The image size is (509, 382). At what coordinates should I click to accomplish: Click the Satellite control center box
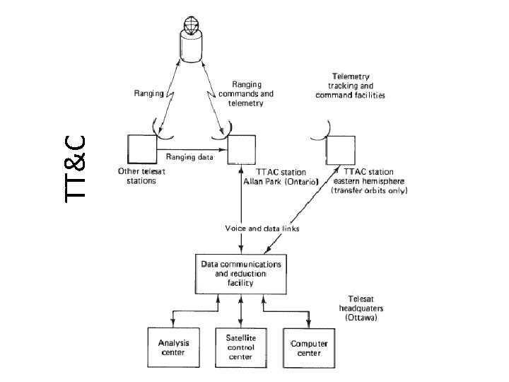pyautogui.click(x=242, y=346)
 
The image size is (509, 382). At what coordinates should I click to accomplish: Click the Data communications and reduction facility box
pyautogui.click(x=242, y=273)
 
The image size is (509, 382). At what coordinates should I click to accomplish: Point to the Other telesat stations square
pyautogui.click(x=143, y=149)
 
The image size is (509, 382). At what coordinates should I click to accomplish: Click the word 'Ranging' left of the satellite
pyautogui.click(x=148, y=93)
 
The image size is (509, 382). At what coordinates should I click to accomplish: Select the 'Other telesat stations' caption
pyautogui.click(x=136, y=175)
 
